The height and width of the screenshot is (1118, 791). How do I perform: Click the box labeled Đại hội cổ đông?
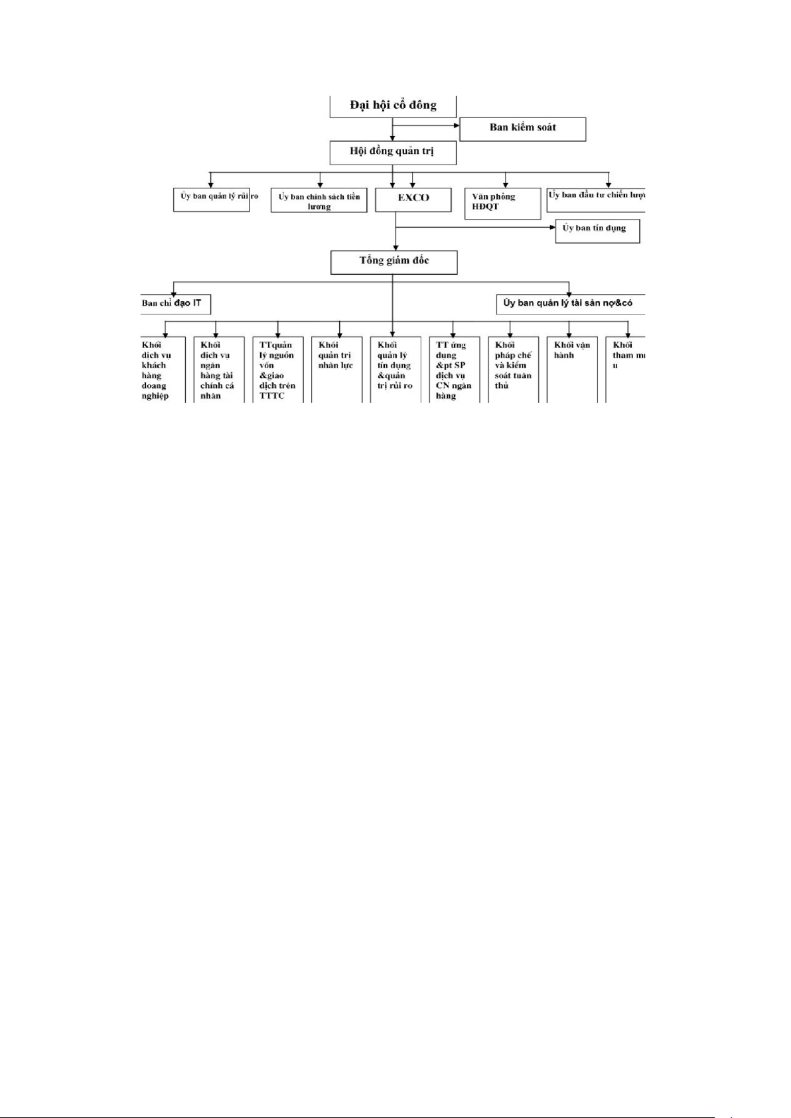[393, 106]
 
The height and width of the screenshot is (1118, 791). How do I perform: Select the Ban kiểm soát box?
[522, 128]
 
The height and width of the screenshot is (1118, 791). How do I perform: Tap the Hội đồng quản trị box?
[392, 152]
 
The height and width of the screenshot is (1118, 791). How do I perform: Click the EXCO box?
[413, 198]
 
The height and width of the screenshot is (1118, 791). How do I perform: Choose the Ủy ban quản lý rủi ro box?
[212, 198]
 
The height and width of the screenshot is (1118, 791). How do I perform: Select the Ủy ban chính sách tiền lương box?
[319, 201]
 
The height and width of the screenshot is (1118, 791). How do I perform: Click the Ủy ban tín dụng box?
[597, 230]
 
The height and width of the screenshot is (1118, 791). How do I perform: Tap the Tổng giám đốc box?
[394, 261]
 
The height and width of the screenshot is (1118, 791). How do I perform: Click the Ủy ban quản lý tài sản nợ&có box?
[569, 303]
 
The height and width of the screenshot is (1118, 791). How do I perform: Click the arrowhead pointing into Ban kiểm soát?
[456, 125]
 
